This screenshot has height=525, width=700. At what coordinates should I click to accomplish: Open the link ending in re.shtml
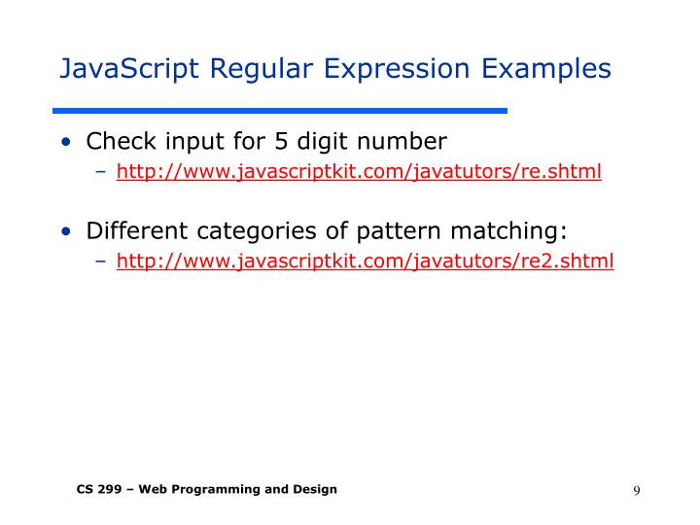[359, 172]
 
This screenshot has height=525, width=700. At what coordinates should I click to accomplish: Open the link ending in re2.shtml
[365, 261]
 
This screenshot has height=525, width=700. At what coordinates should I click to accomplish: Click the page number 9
[636, 490]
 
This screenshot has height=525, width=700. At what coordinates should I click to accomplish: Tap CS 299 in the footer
[100, 489]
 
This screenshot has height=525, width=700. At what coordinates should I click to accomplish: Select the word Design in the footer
[315, 489]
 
